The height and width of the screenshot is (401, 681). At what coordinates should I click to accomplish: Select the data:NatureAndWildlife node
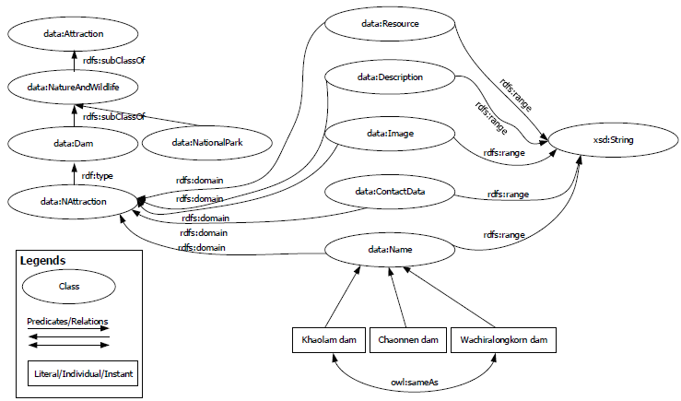74,87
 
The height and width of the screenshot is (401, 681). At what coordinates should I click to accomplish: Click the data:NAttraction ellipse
75,200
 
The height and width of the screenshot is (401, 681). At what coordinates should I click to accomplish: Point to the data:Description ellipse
390,77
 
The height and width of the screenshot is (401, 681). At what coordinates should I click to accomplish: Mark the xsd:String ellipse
613,140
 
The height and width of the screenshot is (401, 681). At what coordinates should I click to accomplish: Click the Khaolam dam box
329,340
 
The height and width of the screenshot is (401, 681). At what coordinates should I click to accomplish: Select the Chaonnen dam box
407,340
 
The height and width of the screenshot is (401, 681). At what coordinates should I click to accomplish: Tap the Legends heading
42,261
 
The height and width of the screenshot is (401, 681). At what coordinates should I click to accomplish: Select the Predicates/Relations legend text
67,321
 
